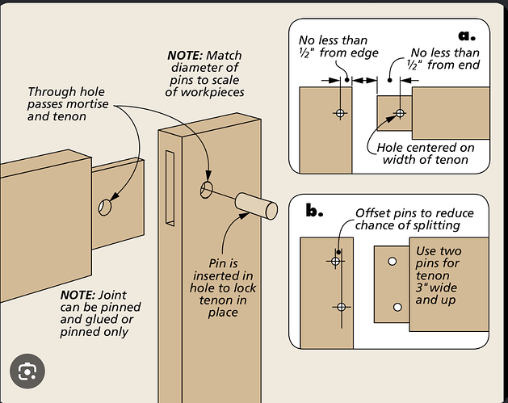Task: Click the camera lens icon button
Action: coord(27,371)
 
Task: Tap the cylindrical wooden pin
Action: coord(256,207)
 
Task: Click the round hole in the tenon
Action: coord(105,207)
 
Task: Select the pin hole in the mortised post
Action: coord(207,190)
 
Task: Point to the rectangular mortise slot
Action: coord(170,188)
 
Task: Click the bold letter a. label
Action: coord(467,36)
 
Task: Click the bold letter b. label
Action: coord(314,211)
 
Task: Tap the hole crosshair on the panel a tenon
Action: coord(400,113)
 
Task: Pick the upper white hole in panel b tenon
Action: coord(392,261)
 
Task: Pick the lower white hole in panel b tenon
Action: coord(397,307)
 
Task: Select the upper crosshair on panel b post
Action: coord(335,261)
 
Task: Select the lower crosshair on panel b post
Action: coord(341,307)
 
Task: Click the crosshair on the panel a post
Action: coord(340,113)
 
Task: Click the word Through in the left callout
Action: coord(49,92)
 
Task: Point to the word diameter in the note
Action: coord(204,68)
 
